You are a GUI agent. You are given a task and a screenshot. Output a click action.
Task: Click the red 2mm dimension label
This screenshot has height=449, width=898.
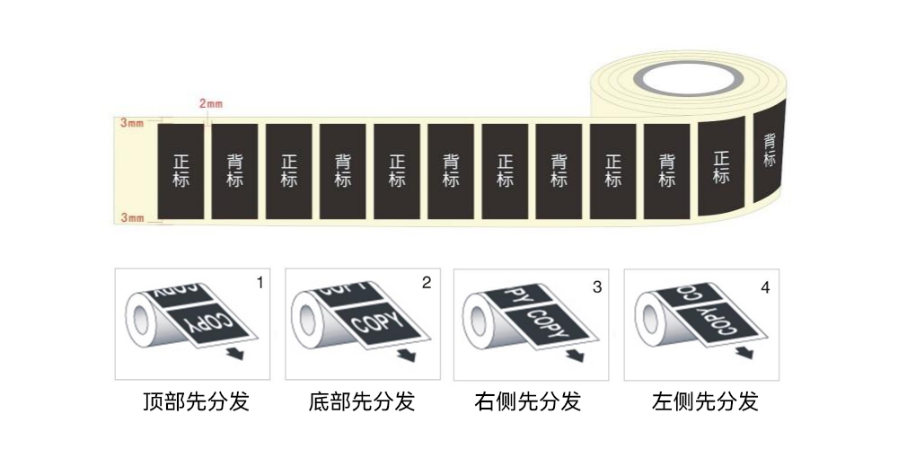tap(211, 103)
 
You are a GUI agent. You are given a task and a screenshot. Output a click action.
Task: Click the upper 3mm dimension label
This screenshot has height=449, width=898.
tap(132, 122)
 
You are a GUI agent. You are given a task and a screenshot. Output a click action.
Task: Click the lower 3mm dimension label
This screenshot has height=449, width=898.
tap(132, 217)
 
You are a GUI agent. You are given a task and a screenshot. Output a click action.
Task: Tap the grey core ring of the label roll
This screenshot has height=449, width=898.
tap(689, 78)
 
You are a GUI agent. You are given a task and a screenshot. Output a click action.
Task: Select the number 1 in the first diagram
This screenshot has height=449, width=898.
tap(260, 282)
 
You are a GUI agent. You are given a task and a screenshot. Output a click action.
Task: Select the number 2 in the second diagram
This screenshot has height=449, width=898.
tap(426, 282)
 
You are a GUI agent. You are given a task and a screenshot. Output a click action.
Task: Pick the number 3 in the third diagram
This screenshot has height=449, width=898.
tap(597, 287)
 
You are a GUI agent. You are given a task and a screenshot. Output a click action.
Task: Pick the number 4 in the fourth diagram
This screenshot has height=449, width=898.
tap(765, 287)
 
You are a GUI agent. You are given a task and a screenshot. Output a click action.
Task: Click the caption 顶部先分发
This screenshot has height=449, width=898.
tap(196, 401)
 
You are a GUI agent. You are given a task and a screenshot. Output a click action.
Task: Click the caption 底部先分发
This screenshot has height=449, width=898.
tap(361, 401)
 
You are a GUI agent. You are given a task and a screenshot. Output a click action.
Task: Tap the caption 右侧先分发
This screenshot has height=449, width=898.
tap(527, 401)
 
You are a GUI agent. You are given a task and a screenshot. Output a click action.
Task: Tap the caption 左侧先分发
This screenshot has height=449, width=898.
tap(705, 401)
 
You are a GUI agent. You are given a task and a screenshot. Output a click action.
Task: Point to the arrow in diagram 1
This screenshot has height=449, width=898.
tap(234, 353)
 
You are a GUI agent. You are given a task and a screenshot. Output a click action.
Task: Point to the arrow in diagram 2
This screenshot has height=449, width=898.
tap(407, 355)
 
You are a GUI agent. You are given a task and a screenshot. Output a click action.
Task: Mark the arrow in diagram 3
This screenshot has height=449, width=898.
tap(575, 355)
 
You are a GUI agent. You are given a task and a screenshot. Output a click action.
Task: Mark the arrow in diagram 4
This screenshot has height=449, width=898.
tap(744, 352)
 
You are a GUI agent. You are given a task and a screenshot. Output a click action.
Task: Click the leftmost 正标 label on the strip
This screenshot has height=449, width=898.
tap(180, 172)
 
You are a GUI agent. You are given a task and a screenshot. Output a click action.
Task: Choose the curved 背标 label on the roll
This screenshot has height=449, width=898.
tap(770, 150)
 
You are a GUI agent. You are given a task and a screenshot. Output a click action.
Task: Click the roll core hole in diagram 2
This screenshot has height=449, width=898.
tap(307, 321)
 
